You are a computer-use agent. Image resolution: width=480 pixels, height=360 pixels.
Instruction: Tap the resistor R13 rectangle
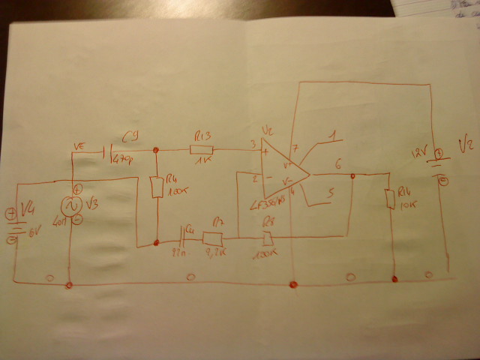[202, 149]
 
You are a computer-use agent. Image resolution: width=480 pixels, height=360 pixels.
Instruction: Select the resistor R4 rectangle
[156, 187]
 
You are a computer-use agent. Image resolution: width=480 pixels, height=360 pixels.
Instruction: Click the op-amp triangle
[284, 174]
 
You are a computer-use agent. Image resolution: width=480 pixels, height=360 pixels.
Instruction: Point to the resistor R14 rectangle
[389, 199]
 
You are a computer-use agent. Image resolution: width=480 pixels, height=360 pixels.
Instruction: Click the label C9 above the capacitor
[129, 136]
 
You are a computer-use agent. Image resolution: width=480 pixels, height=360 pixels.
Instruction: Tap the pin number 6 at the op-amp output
[339, 164]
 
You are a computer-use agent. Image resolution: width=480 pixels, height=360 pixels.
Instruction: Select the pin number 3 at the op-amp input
[253, 144]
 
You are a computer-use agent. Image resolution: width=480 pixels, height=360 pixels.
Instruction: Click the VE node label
[79, 145]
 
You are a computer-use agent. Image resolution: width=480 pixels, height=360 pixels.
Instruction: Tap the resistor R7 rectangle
[213, 238]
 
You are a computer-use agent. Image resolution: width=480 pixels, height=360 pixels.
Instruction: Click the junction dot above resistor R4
[155, 150]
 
